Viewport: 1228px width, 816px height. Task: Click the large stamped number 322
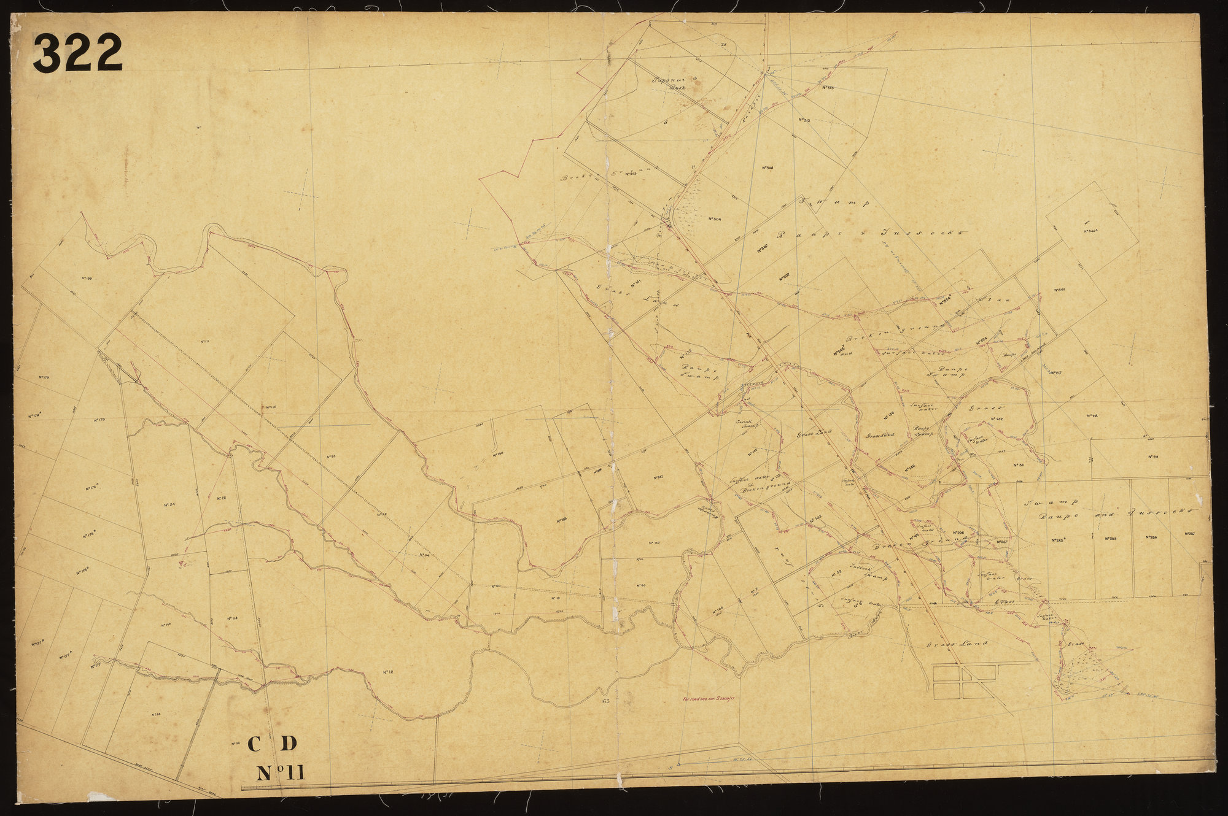tap(79, 53)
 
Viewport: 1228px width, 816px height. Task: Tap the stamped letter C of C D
tap(256, 744)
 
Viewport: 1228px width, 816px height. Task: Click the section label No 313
tap(826, 88)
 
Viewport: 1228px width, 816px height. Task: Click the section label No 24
tap(171, 504)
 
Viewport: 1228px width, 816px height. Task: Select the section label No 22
tap(219, 498)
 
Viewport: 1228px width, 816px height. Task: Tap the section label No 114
tap(231, 618)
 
